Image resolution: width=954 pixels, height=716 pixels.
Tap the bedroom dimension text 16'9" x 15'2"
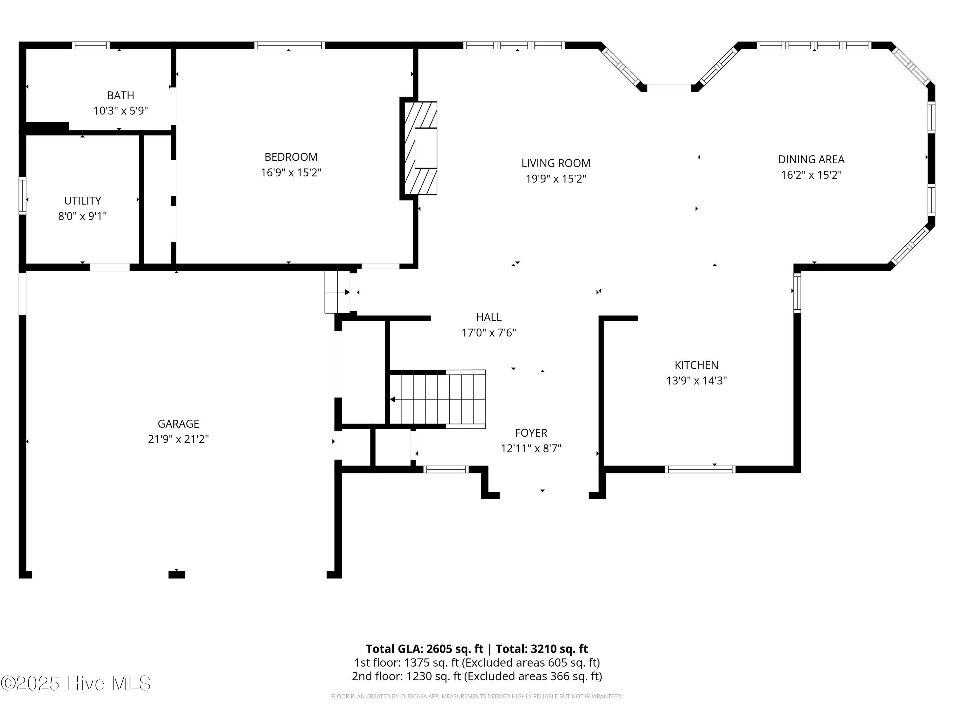pos(291,172)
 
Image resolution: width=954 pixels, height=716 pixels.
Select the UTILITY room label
pos(82,201)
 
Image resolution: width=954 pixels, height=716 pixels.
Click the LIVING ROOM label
pos(556,163)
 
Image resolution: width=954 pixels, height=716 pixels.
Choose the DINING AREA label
pos(811,159)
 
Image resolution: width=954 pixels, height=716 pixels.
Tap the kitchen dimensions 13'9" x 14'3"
pos(696,381)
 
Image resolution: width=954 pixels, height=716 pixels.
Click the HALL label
pos(489,317)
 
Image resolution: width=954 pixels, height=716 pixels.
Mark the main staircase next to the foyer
pos(438,399)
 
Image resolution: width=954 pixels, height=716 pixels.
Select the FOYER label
pos(531,433)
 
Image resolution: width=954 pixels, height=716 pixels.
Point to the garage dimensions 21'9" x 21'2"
pos(178,439)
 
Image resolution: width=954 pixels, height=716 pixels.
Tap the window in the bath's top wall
pos(91,45)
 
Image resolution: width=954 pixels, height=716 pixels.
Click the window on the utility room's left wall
pos(23,195)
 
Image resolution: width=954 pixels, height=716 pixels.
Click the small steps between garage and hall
pos(337,292)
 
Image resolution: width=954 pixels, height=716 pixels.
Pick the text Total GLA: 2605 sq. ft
pos(425,649)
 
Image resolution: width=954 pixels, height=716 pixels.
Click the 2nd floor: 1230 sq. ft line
pos(477,676)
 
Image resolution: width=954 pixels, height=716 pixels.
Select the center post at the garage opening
pos(176,574)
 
